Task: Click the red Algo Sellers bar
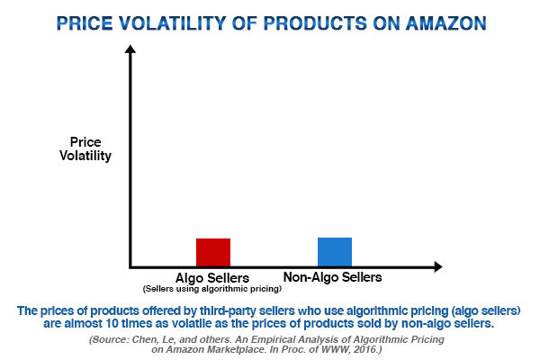pyautogui.click(x=213, y=252)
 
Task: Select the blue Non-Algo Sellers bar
pyautogui.click(x=334, y=251)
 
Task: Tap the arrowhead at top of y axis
pyautogui.click(x=130, y=53)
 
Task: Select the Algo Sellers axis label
pyautogui.click(x=212, y=277)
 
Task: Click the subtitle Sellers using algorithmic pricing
pyautogui.click(x=212, y=289)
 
